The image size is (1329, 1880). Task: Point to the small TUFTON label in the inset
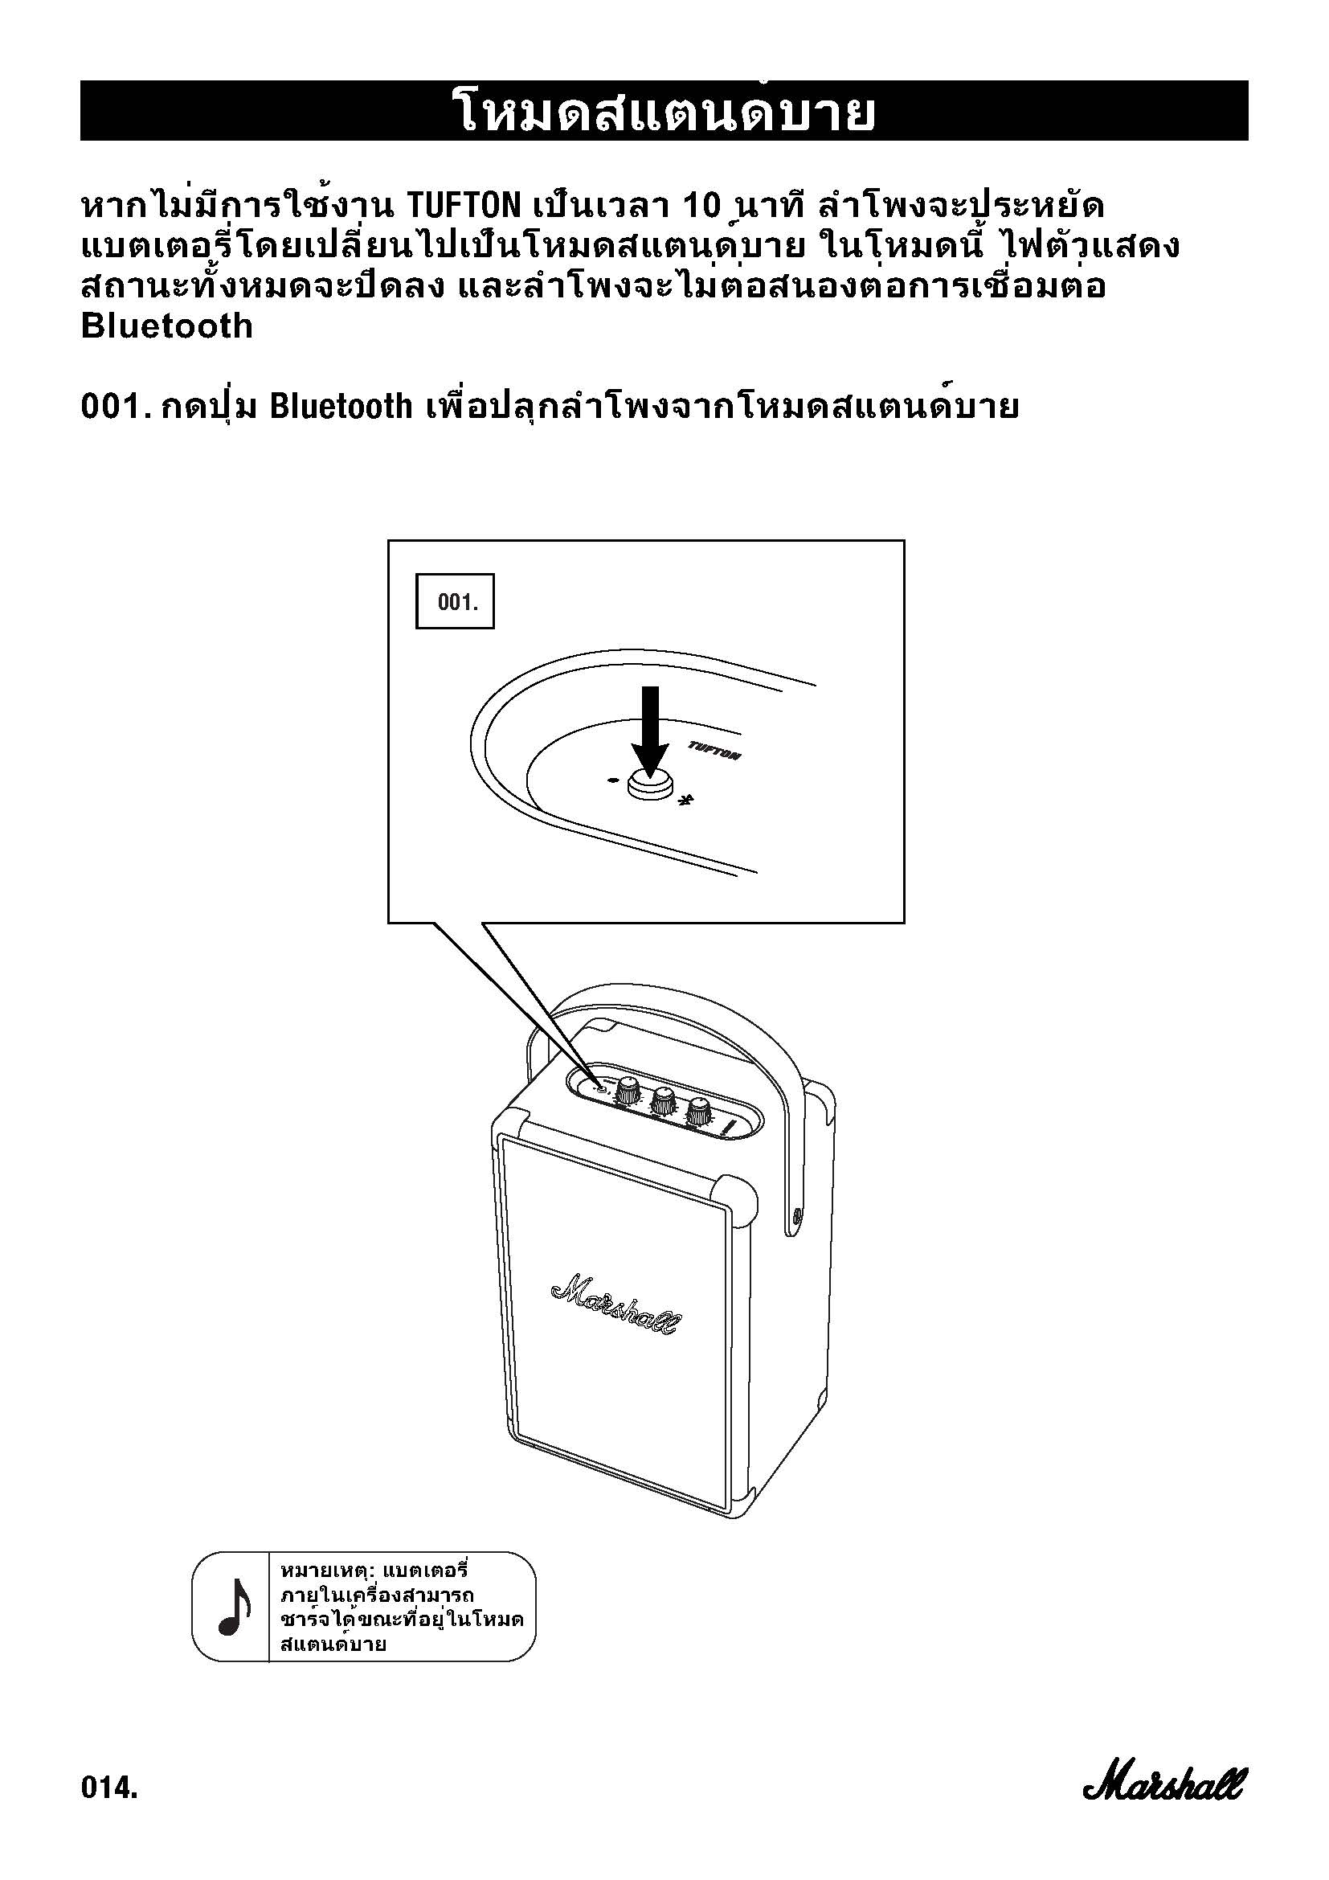click(714, 750)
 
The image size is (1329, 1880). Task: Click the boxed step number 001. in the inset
click(455, 602)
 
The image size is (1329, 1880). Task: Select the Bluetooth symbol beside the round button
click(689, 801)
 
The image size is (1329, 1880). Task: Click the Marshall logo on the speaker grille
click(613, 1304)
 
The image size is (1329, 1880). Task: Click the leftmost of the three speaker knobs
click(628, 1089)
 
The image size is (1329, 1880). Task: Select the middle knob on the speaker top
click(663, 1099)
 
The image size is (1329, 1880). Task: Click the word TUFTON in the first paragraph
click(463, 205)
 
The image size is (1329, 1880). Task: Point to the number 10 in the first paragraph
click(701, 205)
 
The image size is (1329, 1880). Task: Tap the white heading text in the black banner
click(664, 112)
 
